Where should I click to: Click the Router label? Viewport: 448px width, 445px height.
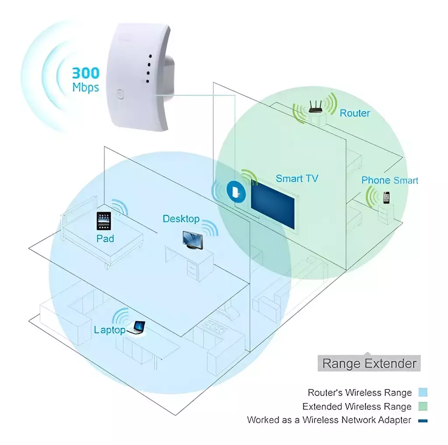[354, 113]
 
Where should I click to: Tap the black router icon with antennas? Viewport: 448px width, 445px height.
[315, 107]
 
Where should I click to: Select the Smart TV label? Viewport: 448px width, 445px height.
[297, 179]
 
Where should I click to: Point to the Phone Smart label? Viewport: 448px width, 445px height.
[390, 180]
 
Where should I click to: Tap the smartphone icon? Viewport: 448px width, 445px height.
[386, 197]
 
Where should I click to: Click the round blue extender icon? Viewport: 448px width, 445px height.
[236, 192]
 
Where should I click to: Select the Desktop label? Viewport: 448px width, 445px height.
[181, 219]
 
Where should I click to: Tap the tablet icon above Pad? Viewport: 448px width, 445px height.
[104, 221]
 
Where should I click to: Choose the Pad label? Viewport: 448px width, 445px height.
[105, 238]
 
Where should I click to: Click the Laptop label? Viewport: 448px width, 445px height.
[110, 330]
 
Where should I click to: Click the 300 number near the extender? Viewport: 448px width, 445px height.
[86, 73]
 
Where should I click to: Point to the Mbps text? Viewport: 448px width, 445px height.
[86, 87]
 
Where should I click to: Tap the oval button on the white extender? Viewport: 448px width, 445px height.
[120, 95]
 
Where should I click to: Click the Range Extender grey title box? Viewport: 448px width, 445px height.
[369, 363]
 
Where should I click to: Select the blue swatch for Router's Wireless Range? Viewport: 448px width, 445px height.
[423, 392]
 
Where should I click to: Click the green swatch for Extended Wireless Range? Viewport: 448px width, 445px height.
[423, 406]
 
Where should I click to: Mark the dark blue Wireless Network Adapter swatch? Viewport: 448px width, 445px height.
[423, 420]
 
